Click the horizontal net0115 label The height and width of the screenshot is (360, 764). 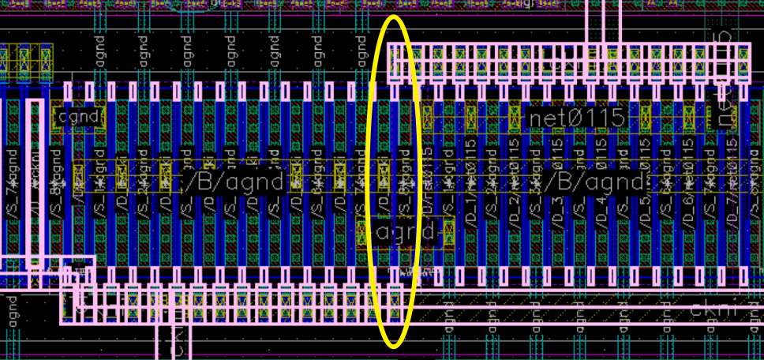click(x=577, y=118)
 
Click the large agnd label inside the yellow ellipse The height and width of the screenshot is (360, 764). click(x=406, y=232)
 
